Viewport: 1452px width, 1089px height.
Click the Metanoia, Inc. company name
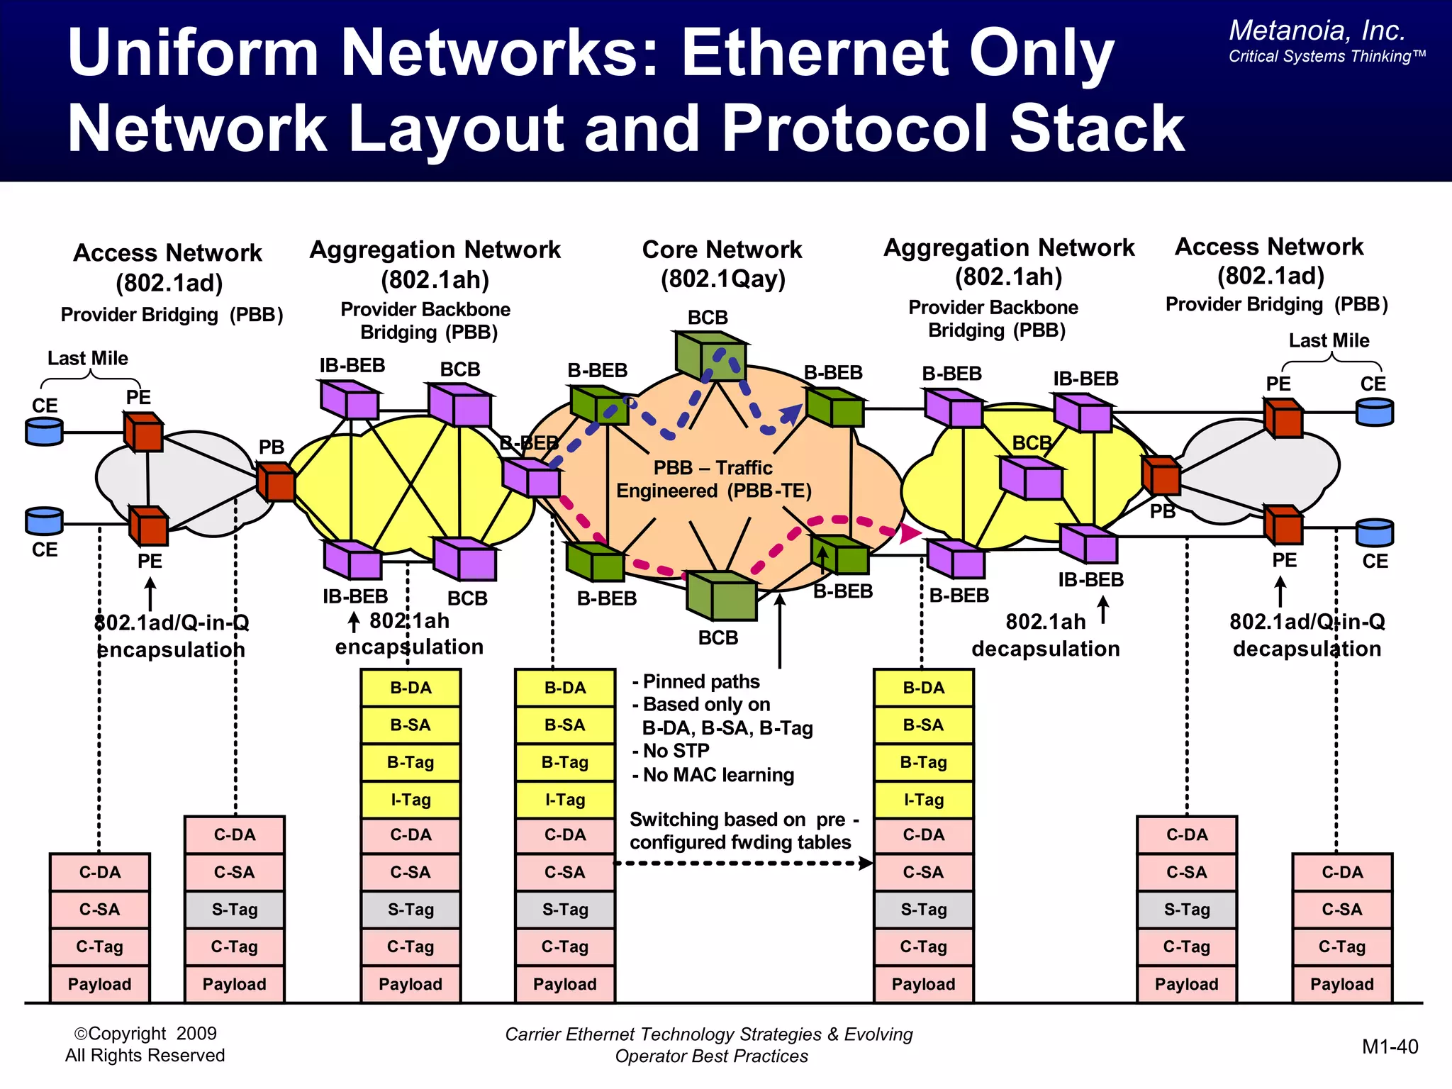1317,30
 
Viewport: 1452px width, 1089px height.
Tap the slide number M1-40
1390,1046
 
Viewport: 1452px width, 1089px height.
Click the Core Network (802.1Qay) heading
722,264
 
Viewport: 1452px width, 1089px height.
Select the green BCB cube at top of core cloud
710,355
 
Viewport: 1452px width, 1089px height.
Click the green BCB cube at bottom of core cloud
721,596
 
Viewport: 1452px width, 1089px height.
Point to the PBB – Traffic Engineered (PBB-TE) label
713,479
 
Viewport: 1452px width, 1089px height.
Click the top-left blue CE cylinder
44,430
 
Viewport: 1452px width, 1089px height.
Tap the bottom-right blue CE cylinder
1374,532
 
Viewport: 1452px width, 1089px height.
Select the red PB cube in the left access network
276,482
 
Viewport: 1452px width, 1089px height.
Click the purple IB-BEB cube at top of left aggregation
349,400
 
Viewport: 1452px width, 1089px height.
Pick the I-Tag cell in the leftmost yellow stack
411,800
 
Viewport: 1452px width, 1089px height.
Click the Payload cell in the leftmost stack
99,984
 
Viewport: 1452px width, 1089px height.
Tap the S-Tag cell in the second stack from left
234,910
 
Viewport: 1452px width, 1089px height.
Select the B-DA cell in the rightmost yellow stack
923,688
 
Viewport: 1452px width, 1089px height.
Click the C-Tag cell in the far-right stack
1341,946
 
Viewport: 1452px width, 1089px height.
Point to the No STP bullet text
674,751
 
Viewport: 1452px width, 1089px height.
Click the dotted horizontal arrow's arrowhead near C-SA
866,863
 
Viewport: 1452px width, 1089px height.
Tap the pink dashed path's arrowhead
910,532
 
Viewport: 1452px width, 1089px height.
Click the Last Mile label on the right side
1329,340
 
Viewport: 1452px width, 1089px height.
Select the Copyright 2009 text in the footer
145,1033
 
